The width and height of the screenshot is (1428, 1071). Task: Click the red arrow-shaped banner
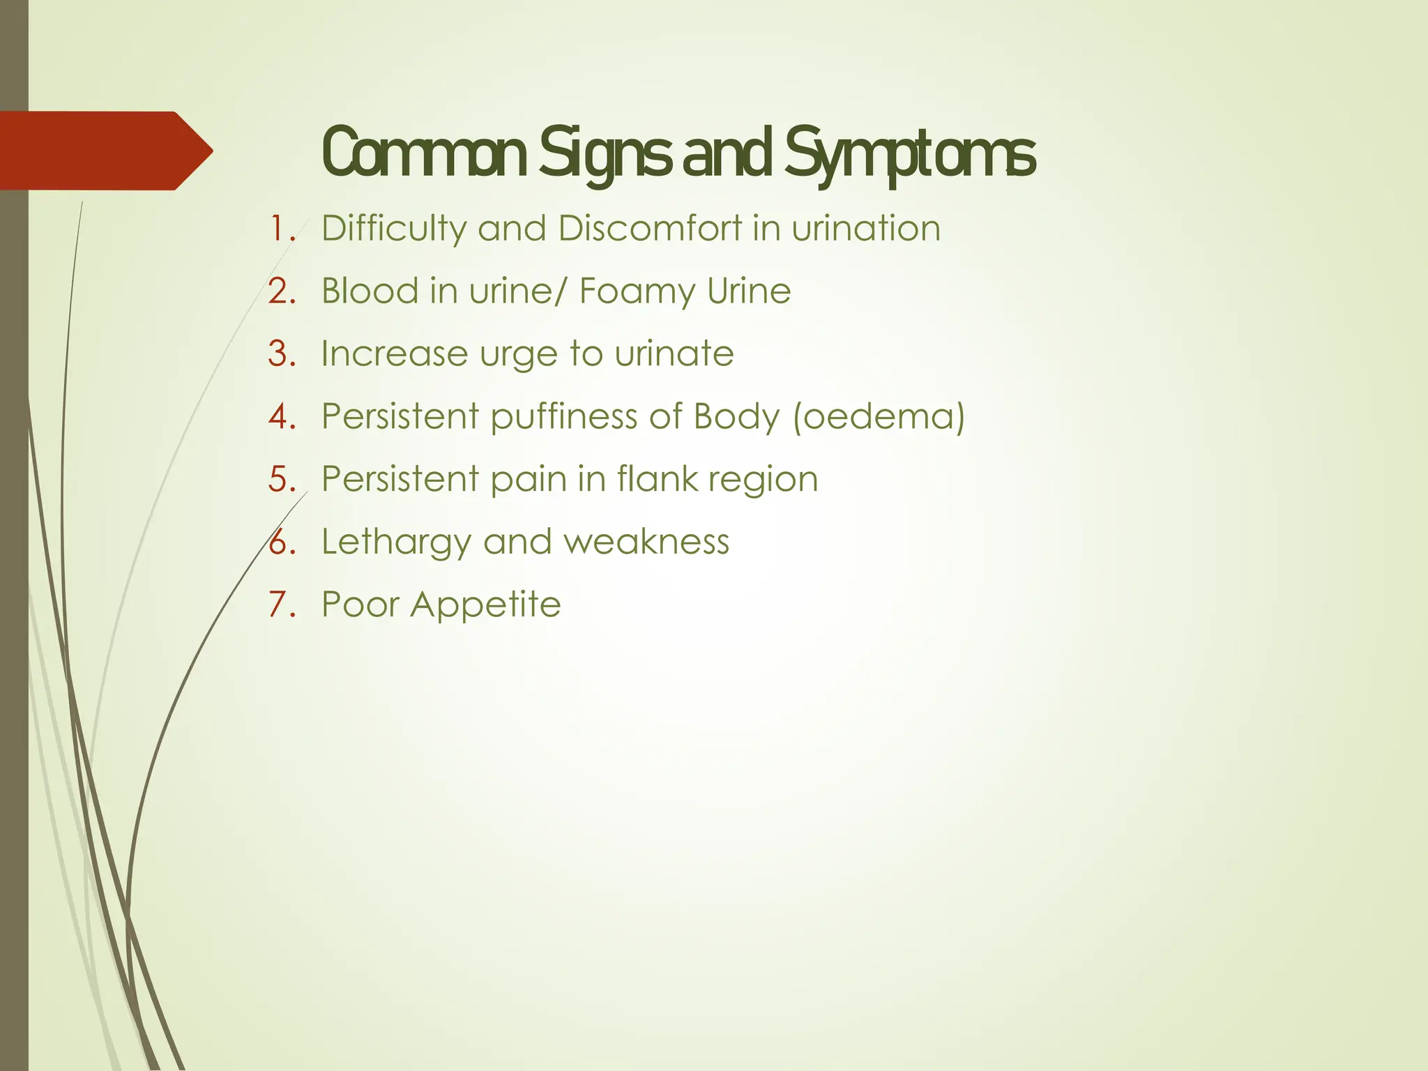[105, 151]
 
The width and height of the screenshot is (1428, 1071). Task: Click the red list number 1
[282, 229]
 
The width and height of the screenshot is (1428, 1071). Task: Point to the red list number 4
[282, 417]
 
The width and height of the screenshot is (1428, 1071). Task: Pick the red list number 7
[282, 605]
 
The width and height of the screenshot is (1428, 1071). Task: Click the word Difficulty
[394, 229]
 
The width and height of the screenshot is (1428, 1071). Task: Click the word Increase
[395, 354]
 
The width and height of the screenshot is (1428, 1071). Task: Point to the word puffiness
[563, 418]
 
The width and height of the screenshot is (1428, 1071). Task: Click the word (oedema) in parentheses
[879, 417]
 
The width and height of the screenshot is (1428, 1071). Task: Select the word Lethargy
[396, 543]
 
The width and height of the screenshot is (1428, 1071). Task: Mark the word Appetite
[485, 605]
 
